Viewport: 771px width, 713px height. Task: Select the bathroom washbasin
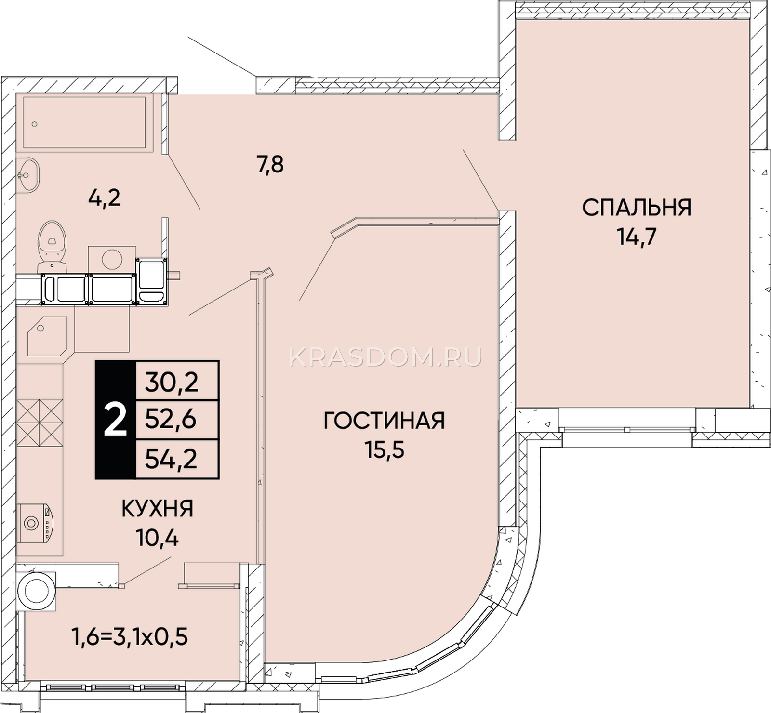pyautogui.click(x=27, y=175)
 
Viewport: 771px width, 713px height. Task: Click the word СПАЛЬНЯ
pyautogui.click(x=637, y=208)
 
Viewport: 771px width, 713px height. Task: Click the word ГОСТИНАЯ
pyautogui.click(x=384, y=421)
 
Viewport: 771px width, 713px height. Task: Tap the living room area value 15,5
pyautogui.click(x=384, y=450)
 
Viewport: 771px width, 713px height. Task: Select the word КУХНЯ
pyautogui.click(x=158, y=509)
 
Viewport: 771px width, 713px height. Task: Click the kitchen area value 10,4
pyautogui.click(x=158, y=538)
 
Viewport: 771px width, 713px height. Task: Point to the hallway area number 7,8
pyautogui.click(x=270, y=165)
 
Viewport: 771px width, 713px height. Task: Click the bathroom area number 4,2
pyautogui.click(x=104, y=198)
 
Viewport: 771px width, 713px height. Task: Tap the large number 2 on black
pyautogui.click(x=116, y=420)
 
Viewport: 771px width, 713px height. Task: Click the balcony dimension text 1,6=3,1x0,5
pyautogui.click(x=130, y=637)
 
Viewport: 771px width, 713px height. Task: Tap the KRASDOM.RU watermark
pyautogui.click(x=385, y=357)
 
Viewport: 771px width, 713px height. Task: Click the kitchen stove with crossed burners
pyautogui.click(x=40, y=423)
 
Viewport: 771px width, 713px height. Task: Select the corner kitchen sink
pyautogui.click(x=47, y=336)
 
